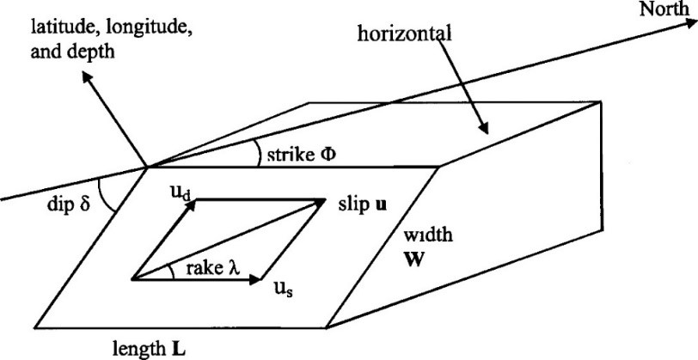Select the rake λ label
click(203, 268)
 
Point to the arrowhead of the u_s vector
click(257, 278)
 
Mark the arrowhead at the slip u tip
click(322, 202)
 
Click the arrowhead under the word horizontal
click(484, 128)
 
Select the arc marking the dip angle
click(108, 195)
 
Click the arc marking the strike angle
click(259, 154)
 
